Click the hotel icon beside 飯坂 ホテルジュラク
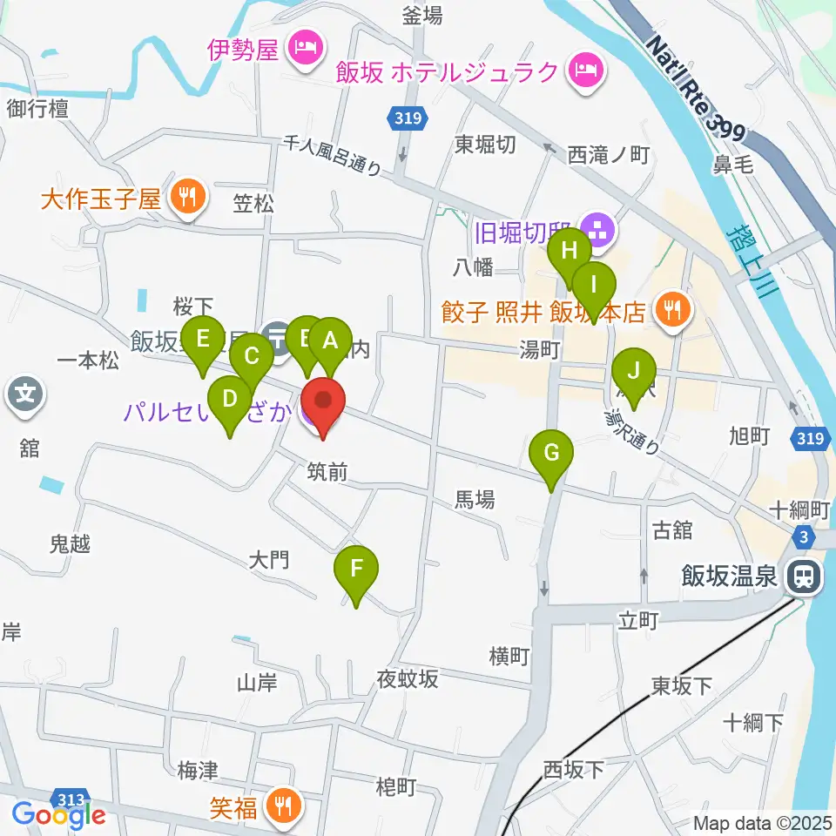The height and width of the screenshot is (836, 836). pyautogui.click(x=583, y=69)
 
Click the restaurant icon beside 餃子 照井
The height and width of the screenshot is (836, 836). pyautogui.click(x=671, y=308)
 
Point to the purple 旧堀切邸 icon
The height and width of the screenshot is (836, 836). pyautogui.click(x=598, y=232)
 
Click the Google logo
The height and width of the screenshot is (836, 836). pyautogui.click(x=58, y=814)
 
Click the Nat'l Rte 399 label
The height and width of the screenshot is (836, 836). pyautogui.click(x=696, y=90)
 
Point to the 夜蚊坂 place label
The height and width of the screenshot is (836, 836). pyautogui.click(x=407, y=678)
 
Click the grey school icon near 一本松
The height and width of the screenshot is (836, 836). pyautogui.click(x=25, y=394)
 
